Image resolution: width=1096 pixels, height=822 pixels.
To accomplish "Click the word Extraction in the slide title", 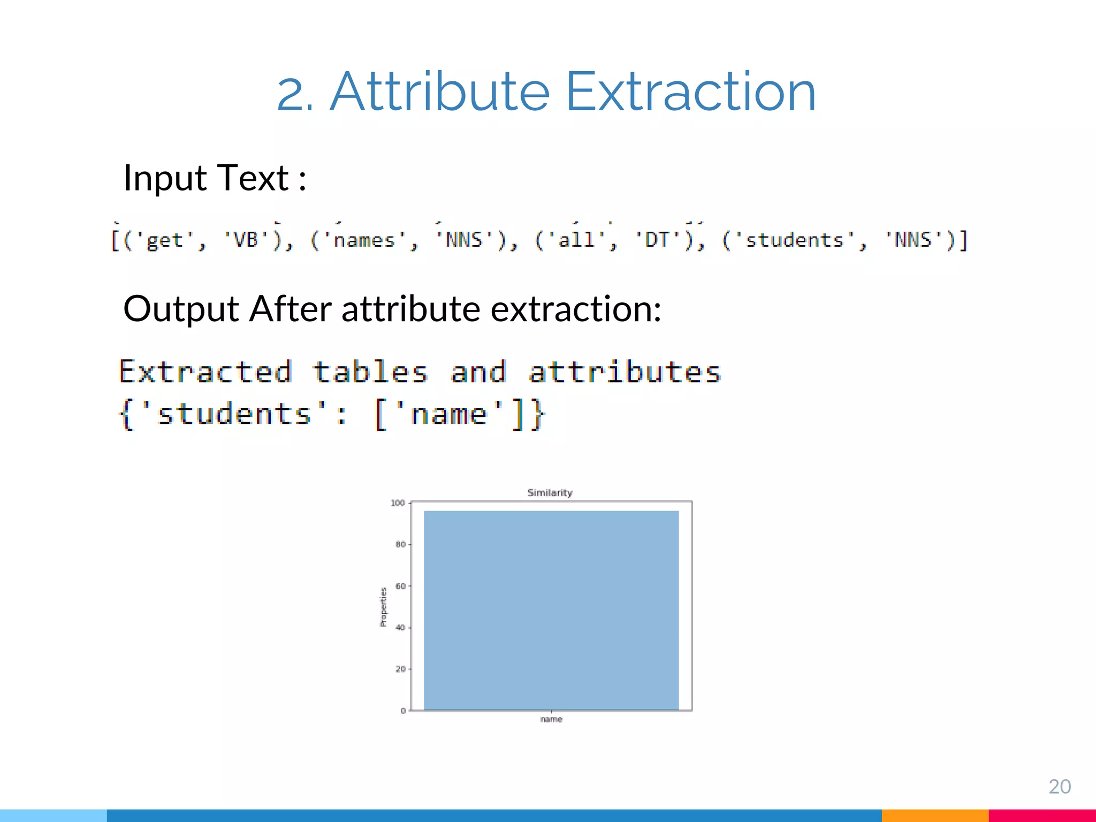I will pyautogui.click(x=690, y=92).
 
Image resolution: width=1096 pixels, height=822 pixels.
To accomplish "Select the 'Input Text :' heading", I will pyautogui.click(x=215, y=178).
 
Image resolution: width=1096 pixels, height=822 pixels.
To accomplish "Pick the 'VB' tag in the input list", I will pyautogui.click(x=246, y=240).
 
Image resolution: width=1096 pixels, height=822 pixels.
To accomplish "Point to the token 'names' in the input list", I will pyautogui.click(x=364, y=240).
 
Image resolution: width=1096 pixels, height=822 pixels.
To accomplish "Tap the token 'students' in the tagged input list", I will pyautogui.click(x=794, y=240).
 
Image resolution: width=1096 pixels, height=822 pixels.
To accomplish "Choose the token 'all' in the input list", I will pyautogui.click(x=576, y=240).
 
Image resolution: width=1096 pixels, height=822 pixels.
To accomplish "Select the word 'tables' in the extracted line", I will pyautogui.click(x=370, y=372).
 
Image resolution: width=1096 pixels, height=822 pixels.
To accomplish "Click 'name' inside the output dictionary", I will pyautogui.click(x=448, y=414).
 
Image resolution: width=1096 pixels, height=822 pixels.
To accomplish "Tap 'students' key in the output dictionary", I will pyautogui.click(x=234, y=414).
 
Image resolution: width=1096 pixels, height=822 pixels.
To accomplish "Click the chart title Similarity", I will pyautogui.click(x=550, y=493).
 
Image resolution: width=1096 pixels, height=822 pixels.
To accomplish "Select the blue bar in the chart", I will pyautogui.click(x=551, y=610).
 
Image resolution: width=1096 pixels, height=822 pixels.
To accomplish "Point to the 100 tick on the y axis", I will pyautogui.click(x=398, y=503).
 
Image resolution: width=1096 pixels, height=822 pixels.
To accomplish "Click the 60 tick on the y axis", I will pyautogui.click(x=400, y=586).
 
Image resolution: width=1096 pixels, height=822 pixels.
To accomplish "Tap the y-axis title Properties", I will pyautogui.click(x=383, y=607).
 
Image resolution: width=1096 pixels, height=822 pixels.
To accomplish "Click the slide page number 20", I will pyautogui.click(x=1059, y=787).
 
